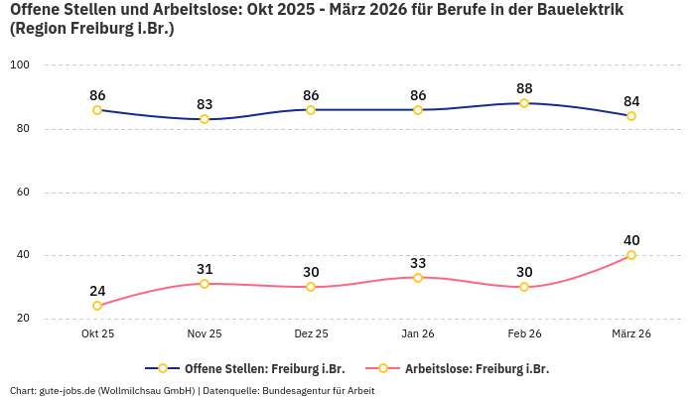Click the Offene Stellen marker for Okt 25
[x=97, y=110]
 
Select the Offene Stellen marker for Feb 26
[x=524, y=103]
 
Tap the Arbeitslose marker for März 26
[x=631, y=255]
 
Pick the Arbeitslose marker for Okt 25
[x=97, y=306]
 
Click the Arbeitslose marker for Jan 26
[x=418, y=278]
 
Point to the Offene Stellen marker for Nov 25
[x=205, y=119]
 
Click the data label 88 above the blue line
[x=524, y=88]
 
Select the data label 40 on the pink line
[x=631, y=240]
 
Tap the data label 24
[x=97, y=291]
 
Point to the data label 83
[x=205, y=104]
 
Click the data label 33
[x=418, y=263]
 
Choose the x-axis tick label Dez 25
[x=311, y=333]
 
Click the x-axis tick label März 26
[x=631, y=333]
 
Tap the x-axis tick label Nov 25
[x=205, y=333]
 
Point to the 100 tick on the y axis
[x=20, y=66]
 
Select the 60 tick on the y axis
[x=22, y=193]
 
